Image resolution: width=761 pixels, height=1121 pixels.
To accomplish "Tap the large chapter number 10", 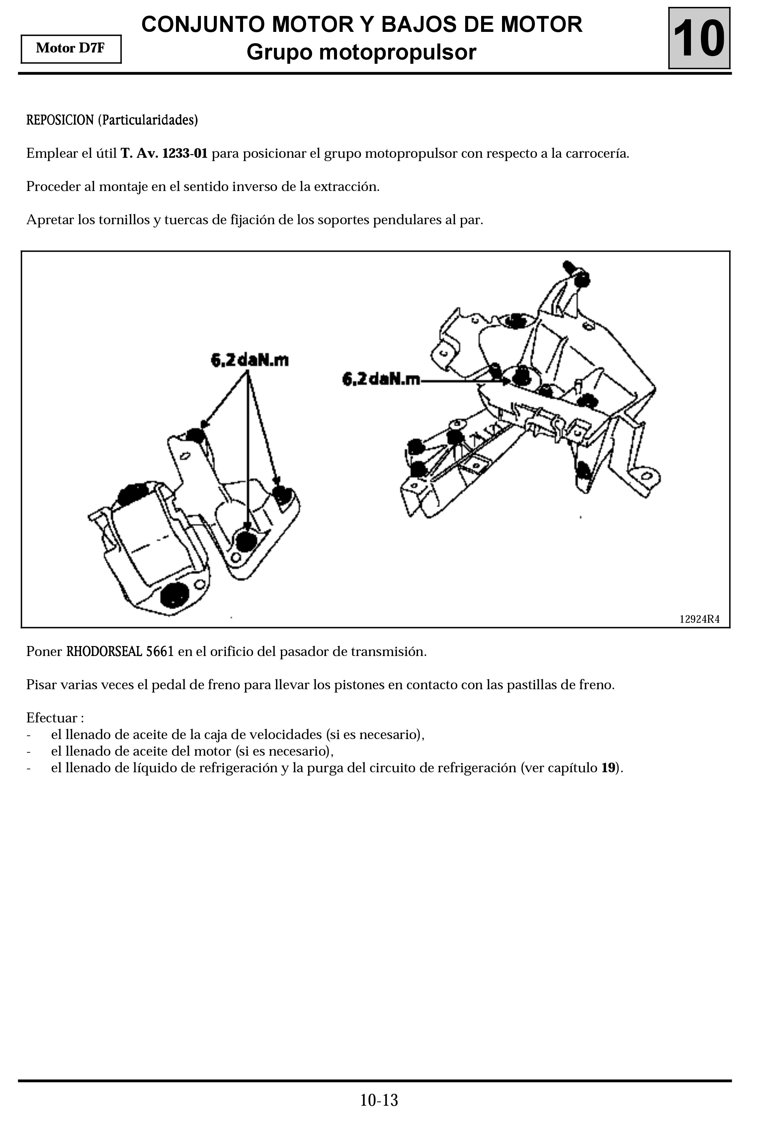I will tap(699, 39).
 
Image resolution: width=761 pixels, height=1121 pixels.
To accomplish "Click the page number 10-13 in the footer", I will tap(379, 1100).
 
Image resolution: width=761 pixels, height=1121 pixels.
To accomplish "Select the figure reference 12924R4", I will tap(699, 619).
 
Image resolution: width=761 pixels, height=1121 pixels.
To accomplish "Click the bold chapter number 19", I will tap(608, 768).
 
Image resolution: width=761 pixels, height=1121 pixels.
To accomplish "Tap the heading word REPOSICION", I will tap(60, 120).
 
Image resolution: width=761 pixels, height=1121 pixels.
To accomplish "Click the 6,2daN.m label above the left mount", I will tap(250, 360).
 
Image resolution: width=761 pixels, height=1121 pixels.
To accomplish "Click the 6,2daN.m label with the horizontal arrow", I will tap(381, 380).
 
